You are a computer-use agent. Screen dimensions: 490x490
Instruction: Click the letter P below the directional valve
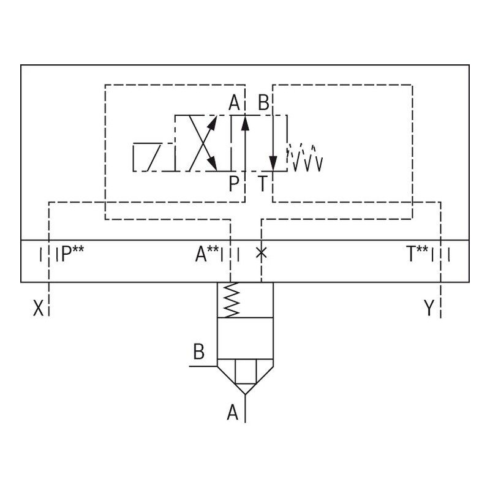coord(233,183)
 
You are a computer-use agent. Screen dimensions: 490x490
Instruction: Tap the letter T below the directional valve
coord(262,183)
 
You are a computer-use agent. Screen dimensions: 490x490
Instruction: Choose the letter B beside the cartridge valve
coord(198,352)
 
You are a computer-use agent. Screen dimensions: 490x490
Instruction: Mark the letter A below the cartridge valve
coord(233,413)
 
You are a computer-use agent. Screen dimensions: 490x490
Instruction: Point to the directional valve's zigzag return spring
coord(305,158)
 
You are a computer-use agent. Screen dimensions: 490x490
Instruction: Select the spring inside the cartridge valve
coord(230,300)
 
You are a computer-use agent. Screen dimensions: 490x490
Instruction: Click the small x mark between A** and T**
coord(262,252)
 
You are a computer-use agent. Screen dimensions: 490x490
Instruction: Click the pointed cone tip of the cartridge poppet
coord(245,388)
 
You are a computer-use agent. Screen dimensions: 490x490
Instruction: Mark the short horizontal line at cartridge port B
coord(203,366)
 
